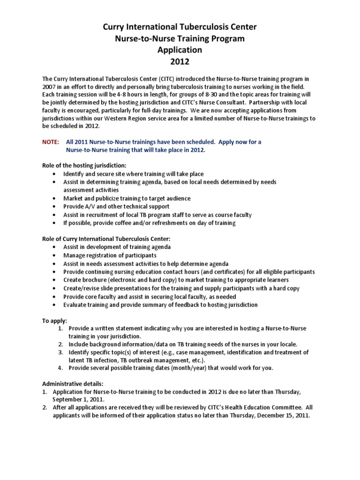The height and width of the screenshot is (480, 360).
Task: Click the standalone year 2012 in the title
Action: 180,60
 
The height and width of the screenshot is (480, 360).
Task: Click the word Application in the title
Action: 180,49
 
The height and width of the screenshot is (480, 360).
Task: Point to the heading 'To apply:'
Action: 55,320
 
